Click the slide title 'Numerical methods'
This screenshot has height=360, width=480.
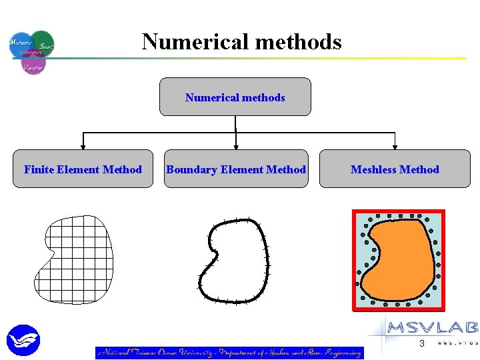click(x=241, y=42)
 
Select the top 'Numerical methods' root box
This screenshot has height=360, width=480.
click(x=235, y=97)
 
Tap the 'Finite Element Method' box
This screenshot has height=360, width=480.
click(x=83, y=169)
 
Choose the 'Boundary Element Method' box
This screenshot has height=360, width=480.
click(x=236, y=169)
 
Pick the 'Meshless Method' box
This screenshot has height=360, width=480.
click(x=395, y=169)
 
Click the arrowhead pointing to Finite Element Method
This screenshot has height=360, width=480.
click(x=83, y=145)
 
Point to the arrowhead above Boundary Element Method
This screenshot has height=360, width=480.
click(x=236, y=145)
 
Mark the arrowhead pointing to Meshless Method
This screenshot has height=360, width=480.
click(x=395, y=145)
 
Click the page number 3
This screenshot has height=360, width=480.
click(x=421, y=344)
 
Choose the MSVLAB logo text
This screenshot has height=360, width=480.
click(x=432, y=327)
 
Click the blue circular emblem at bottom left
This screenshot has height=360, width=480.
click(x=23, y=340)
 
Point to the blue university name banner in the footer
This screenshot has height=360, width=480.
click(x=229, y=353)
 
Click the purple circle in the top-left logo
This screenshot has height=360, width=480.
click(x=33, y=65)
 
